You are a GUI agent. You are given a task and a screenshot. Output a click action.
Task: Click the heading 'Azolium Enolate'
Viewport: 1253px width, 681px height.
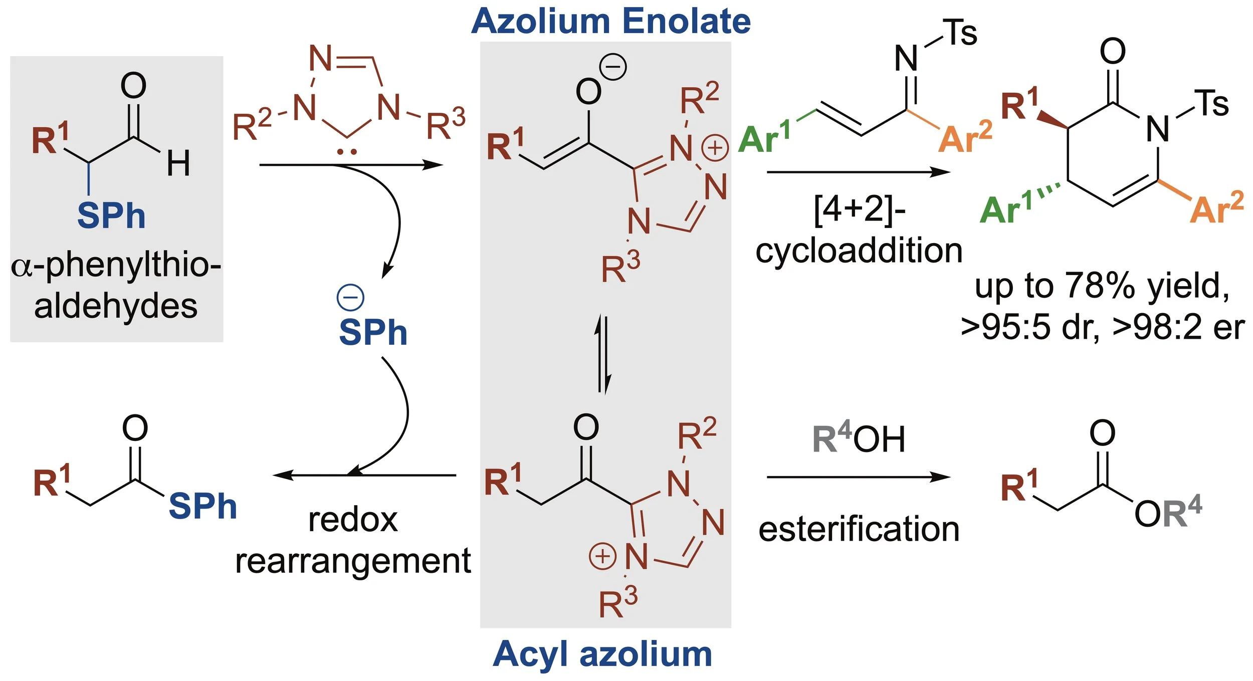tap(610, 22)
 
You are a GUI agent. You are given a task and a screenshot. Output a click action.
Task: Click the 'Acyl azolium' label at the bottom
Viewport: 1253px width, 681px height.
tap(602, 654)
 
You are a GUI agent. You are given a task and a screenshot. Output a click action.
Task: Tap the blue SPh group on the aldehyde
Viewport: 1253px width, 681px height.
tap(111, 216)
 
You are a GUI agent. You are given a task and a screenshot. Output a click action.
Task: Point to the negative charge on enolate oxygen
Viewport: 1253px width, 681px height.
tap(613, 67)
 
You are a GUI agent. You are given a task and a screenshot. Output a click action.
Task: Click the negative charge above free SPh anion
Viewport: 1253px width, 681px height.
tap(350, 297)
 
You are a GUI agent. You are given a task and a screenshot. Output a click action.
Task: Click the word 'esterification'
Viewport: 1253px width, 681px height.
tap(859, 530)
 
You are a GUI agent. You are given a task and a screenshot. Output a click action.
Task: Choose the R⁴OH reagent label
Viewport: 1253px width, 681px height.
tap(859, 438)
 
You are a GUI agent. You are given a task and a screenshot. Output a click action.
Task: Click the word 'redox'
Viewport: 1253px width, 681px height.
tap(353, 520)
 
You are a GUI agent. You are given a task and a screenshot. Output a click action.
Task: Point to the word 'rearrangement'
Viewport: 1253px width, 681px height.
tap(353, 562)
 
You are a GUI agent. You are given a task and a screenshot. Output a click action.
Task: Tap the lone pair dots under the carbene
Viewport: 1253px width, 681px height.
tap(347, 151)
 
